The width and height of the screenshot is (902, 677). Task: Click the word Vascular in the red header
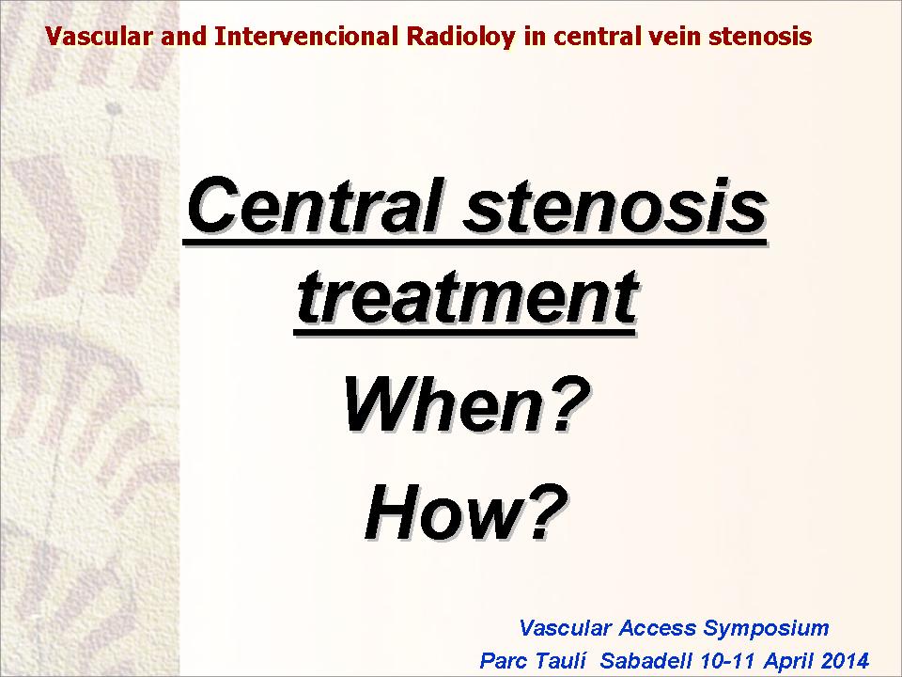coord(100,37)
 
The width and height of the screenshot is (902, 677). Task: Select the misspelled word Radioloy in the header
coord(460,38)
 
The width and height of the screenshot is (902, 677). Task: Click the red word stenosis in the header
coord(760,37)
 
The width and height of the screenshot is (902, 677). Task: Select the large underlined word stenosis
coord(615,207)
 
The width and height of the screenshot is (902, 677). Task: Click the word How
coord(443,512)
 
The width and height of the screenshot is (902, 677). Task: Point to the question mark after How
coord(546,512)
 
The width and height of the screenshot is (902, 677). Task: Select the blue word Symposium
coord(767,629)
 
